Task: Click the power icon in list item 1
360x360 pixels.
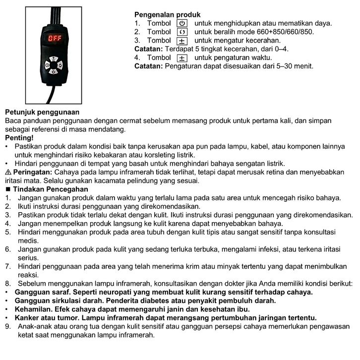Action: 182,23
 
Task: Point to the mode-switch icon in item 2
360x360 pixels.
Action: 182,32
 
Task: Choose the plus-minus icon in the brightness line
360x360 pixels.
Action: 182,41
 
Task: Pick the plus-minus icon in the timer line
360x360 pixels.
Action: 182,58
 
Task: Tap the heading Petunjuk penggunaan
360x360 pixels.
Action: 42,112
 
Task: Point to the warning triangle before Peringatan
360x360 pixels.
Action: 7,172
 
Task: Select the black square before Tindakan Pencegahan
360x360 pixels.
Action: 7,189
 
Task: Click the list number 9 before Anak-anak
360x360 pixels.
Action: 7,326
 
